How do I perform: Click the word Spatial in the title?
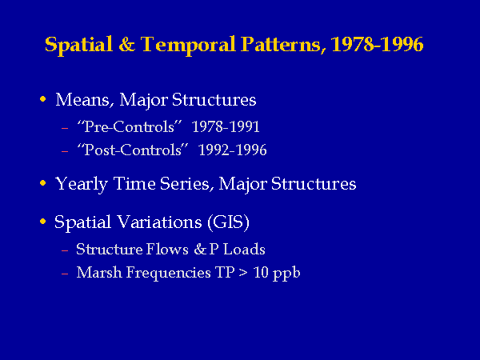coord(78,45)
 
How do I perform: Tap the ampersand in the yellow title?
coord(126,44)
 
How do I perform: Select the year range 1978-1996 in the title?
coord(377,44)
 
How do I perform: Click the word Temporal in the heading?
coord(188,45)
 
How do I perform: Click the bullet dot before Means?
coord(43,99)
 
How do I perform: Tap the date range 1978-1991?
coord(226,126)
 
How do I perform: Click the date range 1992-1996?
coord(232,150)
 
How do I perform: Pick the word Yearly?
coord(81,184)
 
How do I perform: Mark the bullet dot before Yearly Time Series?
coord(43,183)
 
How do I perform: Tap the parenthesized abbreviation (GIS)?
coord(228,222)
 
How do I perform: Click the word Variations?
coord(159,222)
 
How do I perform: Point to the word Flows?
coord(167,249)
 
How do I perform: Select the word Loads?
coord(244,249)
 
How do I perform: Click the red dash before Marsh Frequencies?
coord(65,274)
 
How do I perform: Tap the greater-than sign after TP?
coord(243,272)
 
